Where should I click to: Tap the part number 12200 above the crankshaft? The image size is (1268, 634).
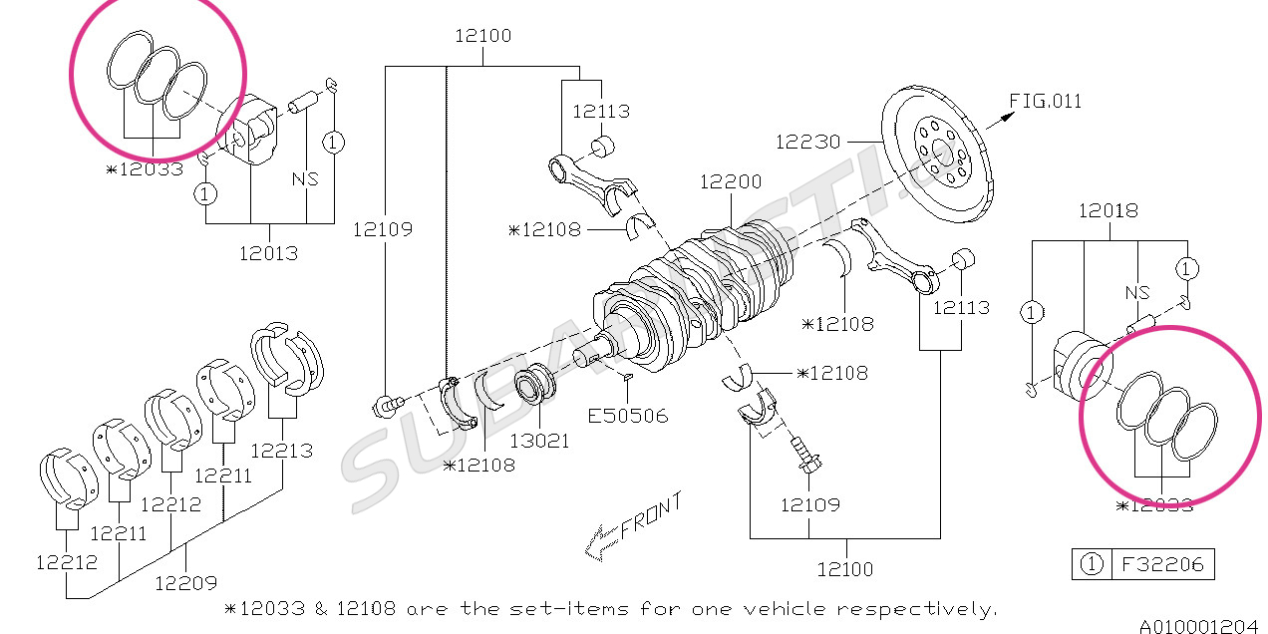730,181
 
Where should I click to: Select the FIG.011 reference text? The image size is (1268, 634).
1045,101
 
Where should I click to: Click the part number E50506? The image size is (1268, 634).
627,416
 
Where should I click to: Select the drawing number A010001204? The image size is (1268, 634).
1199,625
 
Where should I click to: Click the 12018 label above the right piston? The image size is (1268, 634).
1108,210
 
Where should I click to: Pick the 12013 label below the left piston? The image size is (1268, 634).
267,252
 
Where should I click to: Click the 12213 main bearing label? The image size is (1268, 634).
281,450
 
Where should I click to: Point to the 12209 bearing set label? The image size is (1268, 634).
185,582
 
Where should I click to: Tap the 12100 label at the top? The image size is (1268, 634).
483,36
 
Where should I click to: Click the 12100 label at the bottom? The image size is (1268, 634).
844,569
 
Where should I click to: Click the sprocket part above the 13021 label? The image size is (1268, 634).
535,383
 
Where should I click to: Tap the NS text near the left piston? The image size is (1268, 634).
305,179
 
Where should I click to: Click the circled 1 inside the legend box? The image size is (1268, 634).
1092,564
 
